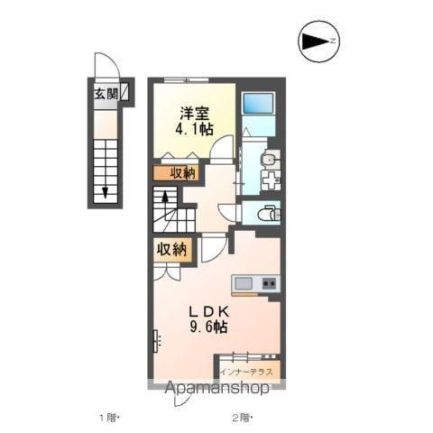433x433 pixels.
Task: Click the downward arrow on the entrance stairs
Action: [106, 191]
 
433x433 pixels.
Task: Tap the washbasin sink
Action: [267, 160]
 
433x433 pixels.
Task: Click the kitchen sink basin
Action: [244, 284]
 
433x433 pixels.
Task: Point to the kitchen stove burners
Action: [268, 284]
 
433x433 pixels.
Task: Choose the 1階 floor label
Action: [108, 417]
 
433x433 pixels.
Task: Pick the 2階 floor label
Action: [241, 417]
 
